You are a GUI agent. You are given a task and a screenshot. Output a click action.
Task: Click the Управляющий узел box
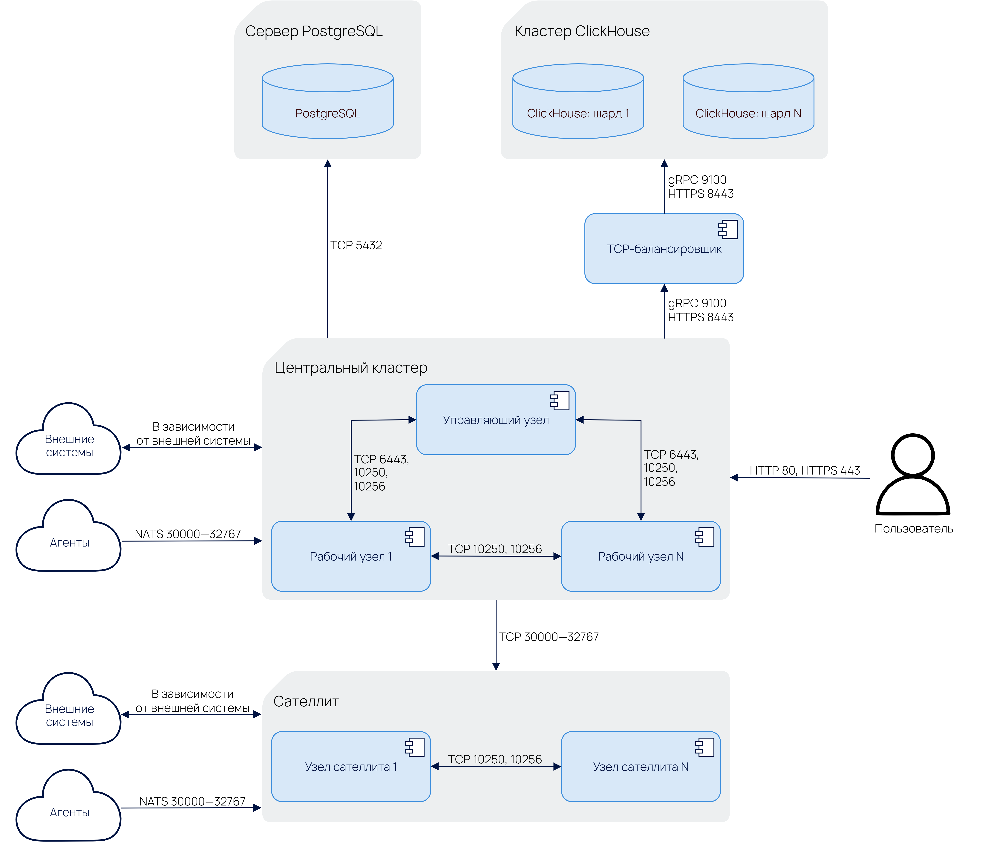click(x=496, y=420)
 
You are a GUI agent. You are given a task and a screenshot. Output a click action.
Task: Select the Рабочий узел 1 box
click(x=351, y=556)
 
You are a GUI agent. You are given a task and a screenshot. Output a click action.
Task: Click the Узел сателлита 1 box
click(x=351, y=767)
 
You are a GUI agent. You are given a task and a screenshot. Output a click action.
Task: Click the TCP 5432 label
click(x=356, y=245)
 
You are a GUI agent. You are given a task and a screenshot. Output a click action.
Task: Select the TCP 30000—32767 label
click(x=549, y=637)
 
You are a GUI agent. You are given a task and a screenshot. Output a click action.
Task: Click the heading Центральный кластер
click(x=351, y=368)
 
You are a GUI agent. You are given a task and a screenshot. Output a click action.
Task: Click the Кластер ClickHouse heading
click(x=582, y=31)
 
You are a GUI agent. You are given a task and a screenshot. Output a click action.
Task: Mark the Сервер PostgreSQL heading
click(x=314, y=31)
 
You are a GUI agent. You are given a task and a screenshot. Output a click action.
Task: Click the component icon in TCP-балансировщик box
click(x=728, y=230)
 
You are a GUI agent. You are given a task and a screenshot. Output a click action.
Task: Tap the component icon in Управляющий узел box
click(x=560, y=401)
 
